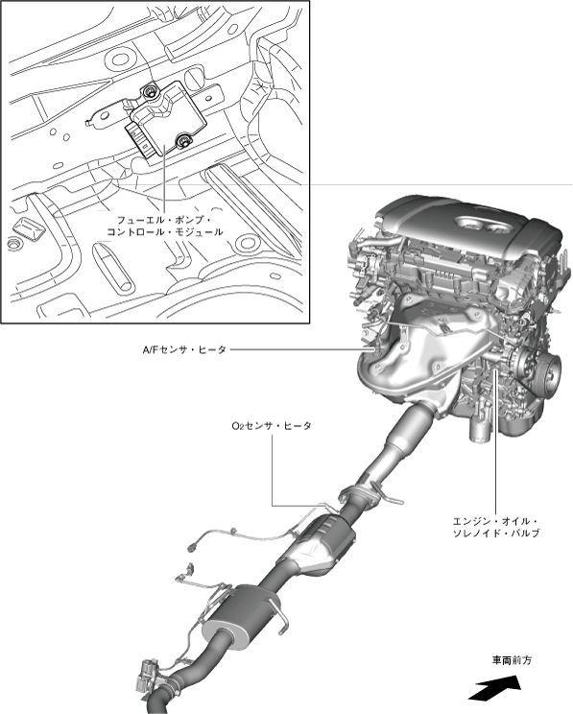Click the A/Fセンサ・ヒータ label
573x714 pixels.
(183, 349)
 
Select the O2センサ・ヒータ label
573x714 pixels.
(272, 426)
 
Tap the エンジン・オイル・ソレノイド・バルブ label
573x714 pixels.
(496, 527)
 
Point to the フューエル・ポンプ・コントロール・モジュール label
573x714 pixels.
(165, 226)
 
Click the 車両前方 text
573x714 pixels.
(512, 660)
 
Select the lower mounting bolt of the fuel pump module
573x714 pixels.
(183, 141)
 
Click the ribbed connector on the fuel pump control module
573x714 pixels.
(139, 138)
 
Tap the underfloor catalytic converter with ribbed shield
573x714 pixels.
(322, 541)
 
